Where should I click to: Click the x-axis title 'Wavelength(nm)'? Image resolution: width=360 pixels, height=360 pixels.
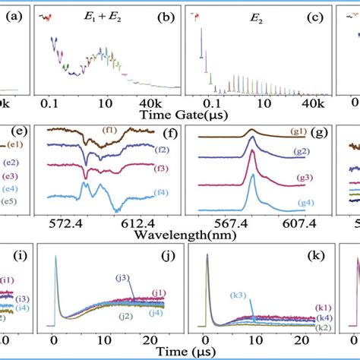click(x=180, y=235)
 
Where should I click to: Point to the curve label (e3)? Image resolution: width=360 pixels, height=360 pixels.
click(x=12, y=176)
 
